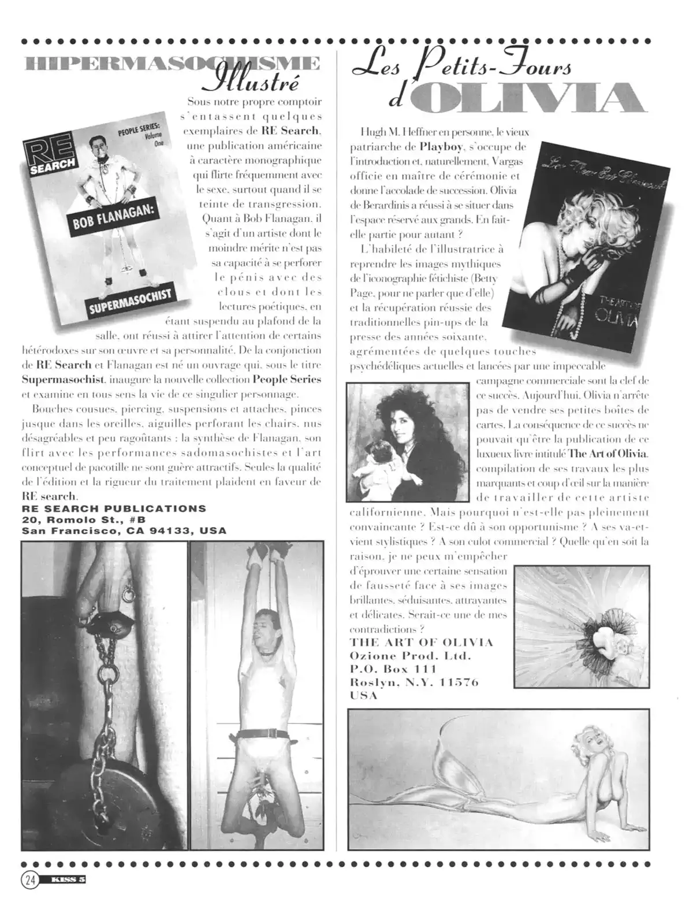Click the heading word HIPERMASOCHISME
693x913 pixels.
(170, 64)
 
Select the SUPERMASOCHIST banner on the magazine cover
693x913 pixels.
(131, 303)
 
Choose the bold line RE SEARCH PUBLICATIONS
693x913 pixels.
(114, 509)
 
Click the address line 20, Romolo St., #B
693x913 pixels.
(84, 519)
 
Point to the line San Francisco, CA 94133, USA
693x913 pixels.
(124, 530)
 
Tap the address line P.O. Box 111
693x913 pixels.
(393, 669)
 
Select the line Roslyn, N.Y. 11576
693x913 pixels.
(414, 682)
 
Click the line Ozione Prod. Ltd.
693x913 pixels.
(411, 656)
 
